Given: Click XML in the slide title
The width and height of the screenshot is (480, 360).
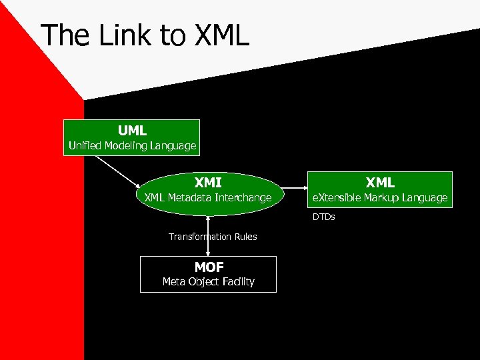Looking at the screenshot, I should point(220,35).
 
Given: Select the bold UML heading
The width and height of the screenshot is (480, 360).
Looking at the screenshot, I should point(132,130).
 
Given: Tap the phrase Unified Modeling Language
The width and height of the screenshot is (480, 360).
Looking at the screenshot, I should point(132,145).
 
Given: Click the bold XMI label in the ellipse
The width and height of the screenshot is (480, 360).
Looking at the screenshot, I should point(208,181).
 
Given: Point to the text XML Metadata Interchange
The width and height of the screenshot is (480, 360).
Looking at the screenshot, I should point(208,197).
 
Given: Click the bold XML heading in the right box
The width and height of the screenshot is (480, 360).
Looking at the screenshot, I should point(380,181).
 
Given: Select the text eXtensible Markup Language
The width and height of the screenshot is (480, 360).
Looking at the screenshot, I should point(379,197).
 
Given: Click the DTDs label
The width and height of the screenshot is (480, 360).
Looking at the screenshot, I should point(324,217).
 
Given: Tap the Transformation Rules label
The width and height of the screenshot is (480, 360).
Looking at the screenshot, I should point(212,237).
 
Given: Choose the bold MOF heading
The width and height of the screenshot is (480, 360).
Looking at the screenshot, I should point(209,267).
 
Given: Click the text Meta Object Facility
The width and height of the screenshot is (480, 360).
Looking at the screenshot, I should point(209,281).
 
